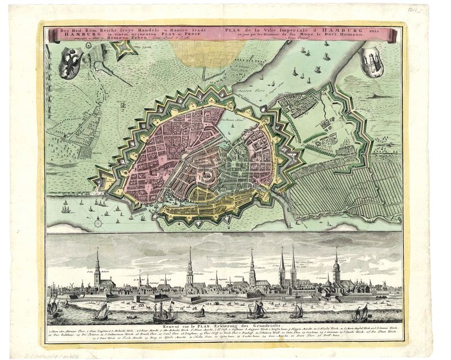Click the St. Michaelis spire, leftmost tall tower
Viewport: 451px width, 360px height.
[x=98, y=265]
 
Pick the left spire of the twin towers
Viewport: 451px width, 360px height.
[x=282, y=265]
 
